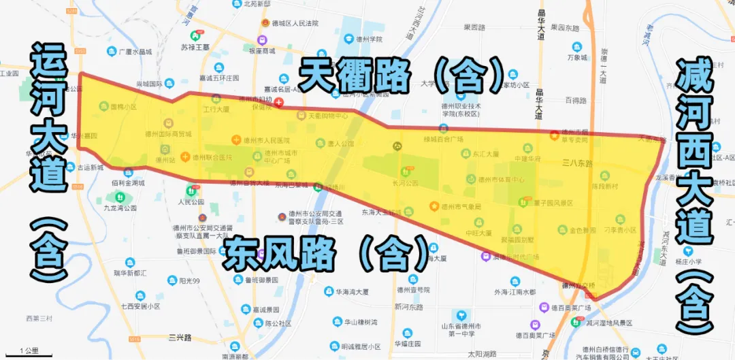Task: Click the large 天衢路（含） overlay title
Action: (402, 76)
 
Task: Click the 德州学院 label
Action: (371, 39)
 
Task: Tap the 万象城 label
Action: (576, 58)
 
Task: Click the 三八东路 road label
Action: (578, 163)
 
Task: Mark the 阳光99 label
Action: (186, 281)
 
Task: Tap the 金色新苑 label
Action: (582, 230)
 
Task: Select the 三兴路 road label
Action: (180, 337)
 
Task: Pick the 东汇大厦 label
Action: (486, 154)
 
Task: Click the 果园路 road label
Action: (474, 27)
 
